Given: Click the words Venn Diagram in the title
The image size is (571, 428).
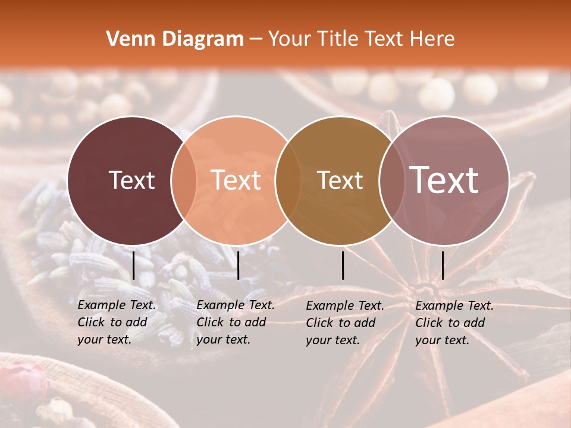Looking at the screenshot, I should (175, 39).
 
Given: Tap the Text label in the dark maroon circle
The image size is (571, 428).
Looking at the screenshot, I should (131, 180).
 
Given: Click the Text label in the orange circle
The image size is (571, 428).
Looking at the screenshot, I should (236, 180).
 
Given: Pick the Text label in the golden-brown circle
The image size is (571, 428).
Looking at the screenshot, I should (340, 180).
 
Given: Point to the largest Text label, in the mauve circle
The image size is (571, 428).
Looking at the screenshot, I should (444, 180).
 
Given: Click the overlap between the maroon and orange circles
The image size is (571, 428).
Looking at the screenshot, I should (184, 180).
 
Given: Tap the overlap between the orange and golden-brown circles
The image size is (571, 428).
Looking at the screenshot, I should (288, 180).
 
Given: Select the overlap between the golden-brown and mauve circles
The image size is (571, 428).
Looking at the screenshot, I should (392, 180).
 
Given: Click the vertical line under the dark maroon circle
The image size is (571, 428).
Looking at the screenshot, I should (134, 265).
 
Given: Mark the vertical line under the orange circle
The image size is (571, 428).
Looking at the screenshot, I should (238, 265).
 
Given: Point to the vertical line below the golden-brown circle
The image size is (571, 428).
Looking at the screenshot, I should (343, 265).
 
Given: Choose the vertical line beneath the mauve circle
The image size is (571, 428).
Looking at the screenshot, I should (443, 265).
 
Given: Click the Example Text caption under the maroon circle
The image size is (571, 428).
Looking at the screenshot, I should (117, 322).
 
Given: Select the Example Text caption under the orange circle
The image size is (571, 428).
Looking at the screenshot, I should (236, 322).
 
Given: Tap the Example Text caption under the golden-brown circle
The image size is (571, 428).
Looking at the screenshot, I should (345, 323).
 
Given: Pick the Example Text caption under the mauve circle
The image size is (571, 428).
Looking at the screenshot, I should (454, 323).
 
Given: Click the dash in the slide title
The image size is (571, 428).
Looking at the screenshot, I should (255, 40).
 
